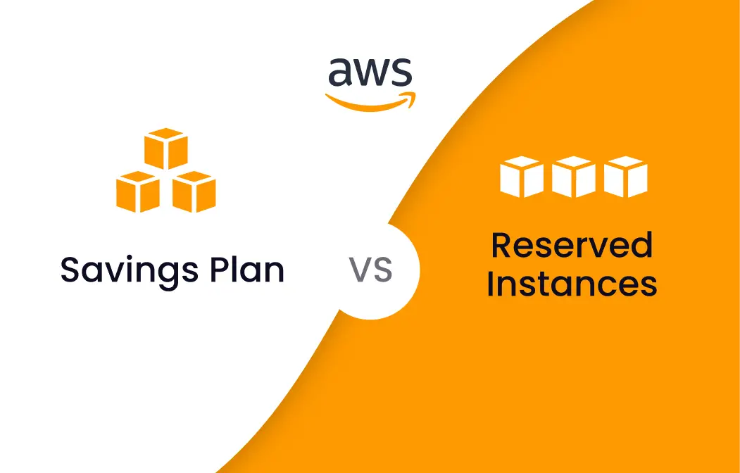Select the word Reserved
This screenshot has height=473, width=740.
572,245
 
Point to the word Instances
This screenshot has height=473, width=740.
572,284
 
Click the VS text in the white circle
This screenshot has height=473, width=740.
370,270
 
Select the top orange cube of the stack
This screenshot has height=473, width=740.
166,149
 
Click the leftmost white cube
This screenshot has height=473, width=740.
521,176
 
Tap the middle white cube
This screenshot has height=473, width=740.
573,176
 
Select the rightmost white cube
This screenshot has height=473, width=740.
625,176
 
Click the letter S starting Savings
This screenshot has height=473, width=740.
70,270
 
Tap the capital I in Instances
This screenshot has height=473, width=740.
491,284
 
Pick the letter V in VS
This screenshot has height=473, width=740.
360,270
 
